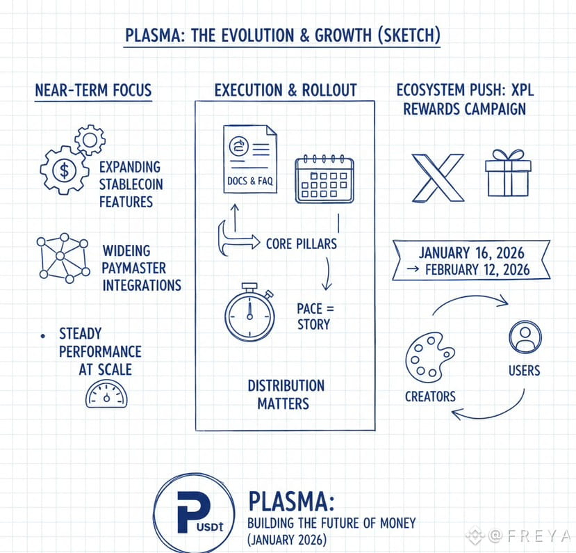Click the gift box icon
508,173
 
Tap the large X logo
438,178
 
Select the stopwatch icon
250,311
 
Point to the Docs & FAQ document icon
250,159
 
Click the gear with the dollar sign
65,170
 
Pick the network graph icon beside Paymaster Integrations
63,258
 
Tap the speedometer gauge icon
106,394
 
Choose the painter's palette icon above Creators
429,358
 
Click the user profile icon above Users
525,337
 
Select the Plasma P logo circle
194,513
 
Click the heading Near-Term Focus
93,90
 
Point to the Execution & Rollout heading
286,90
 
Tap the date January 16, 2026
471,253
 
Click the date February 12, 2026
477,269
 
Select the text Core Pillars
302,243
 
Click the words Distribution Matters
286,394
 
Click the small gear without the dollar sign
90,140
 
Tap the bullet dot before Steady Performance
43,336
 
